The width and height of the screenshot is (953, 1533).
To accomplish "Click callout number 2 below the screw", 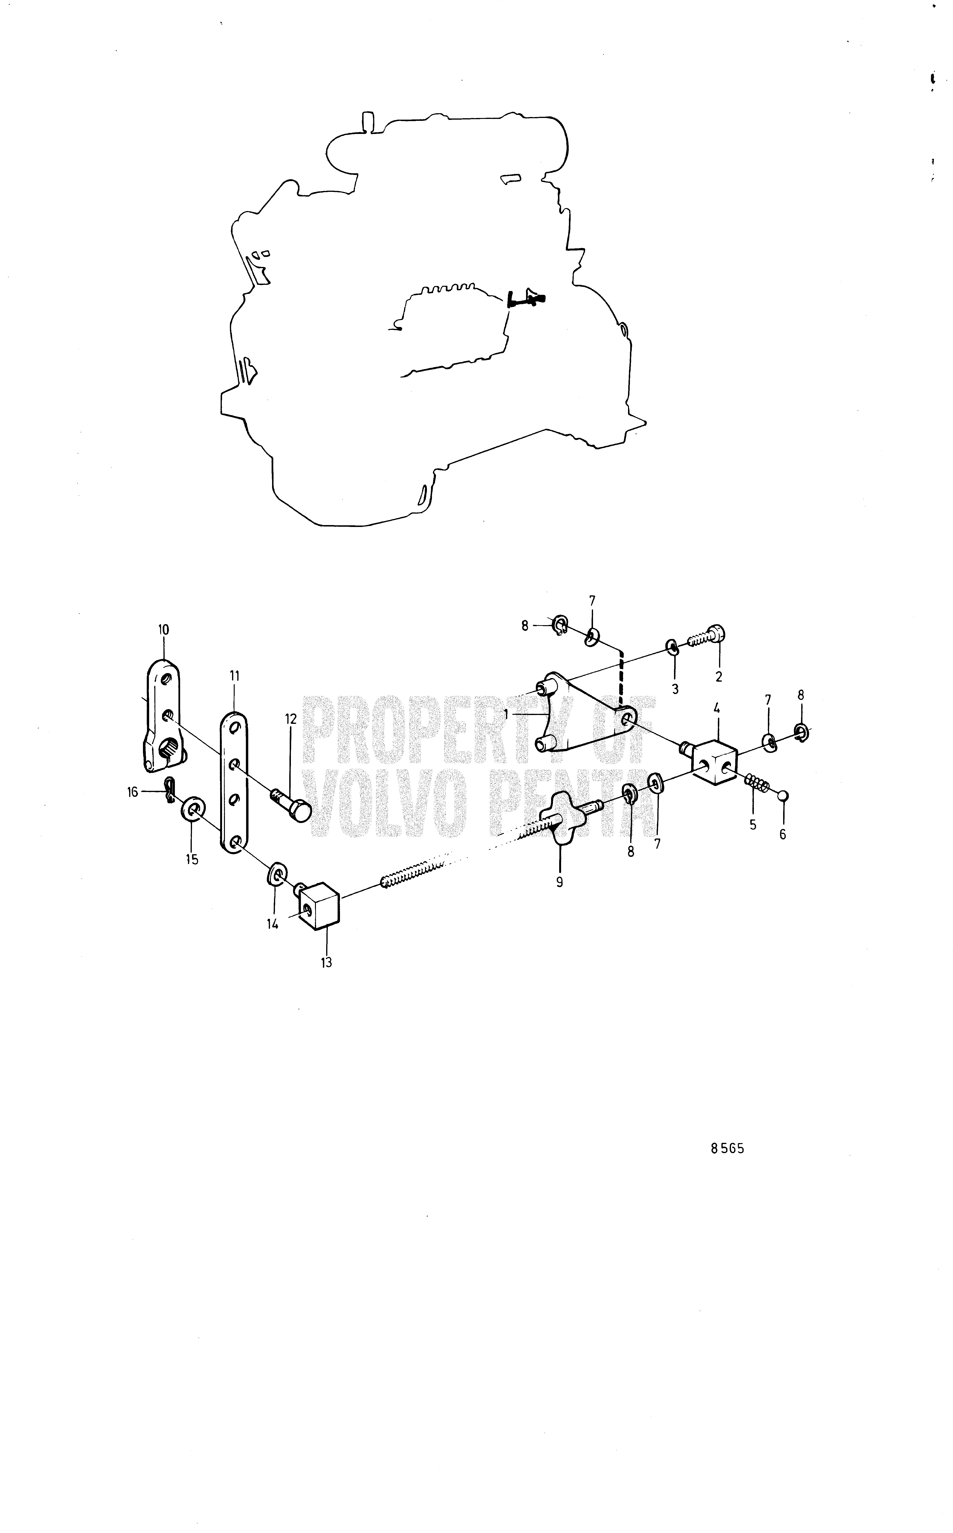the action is click(719, 677).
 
